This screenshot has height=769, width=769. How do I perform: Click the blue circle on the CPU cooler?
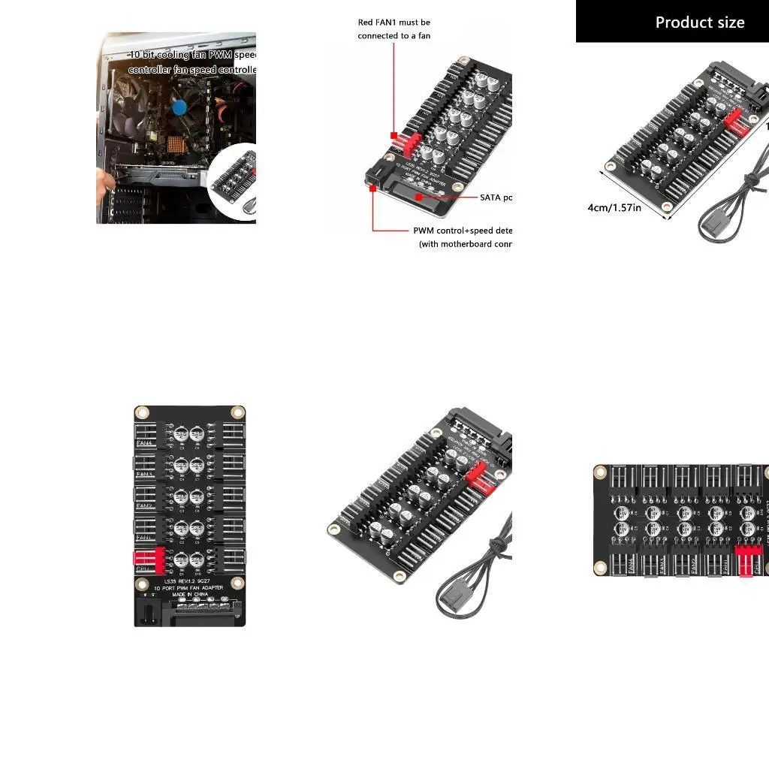(x=179, y=107)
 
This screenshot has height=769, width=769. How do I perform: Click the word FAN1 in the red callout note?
(x=387, y=23)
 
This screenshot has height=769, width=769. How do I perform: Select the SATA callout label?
(x=496, y=198)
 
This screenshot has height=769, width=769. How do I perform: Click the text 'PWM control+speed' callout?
(x=462, y=231)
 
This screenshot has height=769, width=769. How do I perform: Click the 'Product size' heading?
(x=699, y=23)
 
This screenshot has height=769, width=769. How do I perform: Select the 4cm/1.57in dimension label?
(x=614, y=207)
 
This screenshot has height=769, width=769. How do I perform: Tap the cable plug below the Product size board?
(x=713, y=225)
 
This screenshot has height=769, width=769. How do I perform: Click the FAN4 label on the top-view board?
(x=144, y=444)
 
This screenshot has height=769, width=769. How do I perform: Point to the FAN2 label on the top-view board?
(x=144, y=505)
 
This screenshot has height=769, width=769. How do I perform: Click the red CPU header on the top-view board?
(x=149, y=558)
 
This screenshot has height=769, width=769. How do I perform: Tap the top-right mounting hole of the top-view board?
(x=237, y=412)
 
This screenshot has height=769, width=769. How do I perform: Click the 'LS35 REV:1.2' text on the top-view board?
(x=177, y=580)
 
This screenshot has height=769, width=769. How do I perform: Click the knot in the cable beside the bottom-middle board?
(x=493, y=544)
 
